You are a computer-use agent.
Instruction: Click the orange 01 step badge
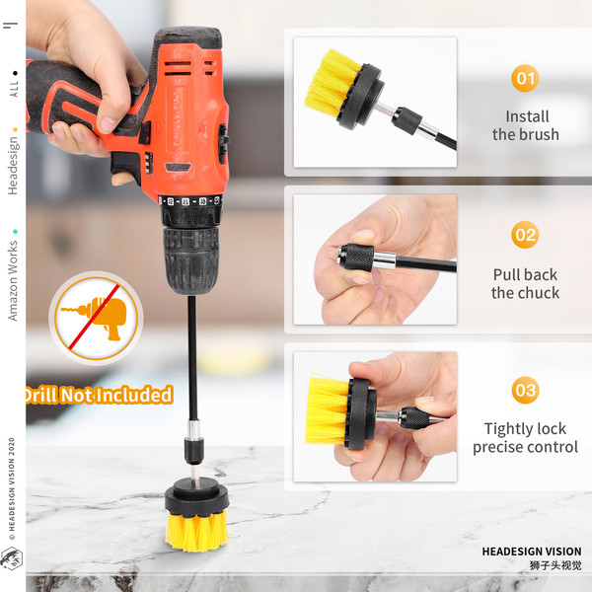(x=525, y=78)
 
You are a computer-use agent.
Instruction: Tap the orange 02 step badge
(x=525, y=235)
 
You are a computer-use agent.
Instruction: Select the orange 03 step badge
(x=525, y=390)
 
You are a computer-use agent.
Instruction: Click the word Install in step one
(x=527, y=116)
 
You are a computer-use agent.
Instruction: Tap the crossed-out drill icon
(x=96, y=318)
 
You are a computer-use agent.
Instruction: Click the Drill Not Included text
(x=100, y=395)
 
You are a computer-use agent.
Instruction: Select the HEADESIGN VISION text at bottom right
(x=532, y=552)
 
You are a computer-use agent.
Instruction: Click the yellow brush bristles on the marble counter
(x=197, y=531)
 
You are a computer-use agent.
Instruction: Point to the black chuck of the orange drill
(x=191, y=259)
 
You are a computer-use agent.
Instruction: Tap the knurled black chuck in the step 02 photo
(x=355, y=257)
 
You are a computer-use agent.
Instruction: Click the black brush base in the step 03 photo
(x=361, y=413)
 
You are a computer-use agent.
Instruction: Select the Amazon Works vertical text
(x=13, y=280)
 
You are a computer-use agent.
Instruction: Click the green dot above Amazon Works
(x=15, y=232)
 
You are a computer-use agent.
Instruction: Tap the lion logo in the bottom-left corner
(x=11, y=558)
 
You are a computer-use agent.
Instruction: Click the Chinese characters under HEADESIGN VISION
(x=555, y=565)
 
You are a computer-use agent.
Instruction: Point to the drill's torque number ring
(x=190, y=201)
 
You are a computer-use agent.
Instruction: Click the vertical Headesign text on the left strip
(x=13, y=166)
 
